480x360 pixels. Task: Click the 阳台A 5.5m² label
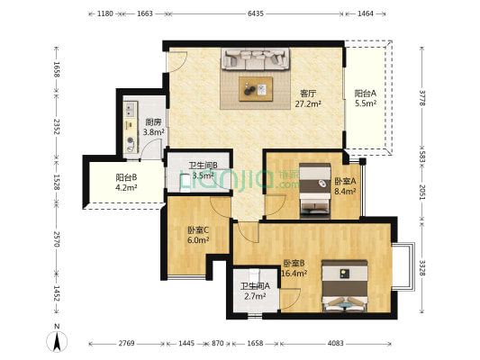366,98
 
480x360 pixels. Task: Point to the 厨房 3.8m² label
153,128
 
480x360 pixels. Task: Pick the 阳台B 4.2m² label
126,183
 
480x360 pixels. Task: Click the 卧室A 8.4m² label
345,185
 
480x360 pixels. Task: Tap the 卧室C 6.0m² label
198,234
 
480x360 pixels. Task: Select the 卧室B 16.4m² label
294,266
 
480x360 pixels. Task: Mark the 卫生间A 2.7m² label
254,292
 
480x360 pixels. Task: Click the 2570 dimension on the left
56,239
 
